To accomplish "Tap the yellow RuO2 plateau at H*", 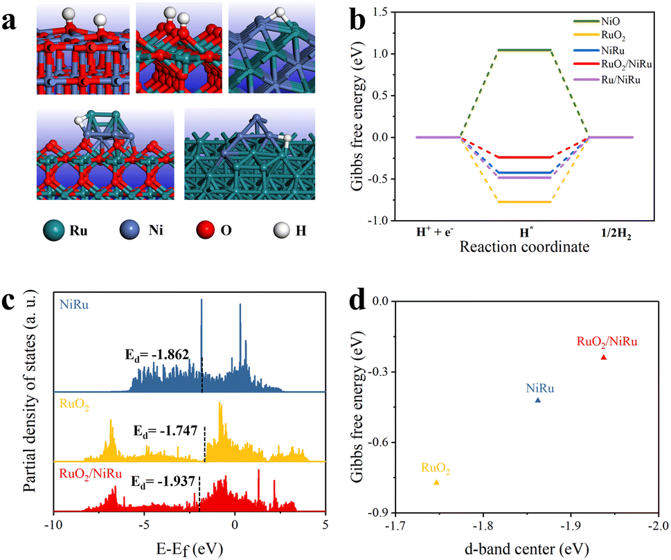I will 524,202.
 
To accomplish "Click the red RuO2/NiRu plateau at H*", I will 524,157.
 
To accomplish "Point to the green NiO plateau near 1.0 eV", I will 524,50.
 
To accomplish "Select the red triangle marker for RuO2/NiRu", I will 603,357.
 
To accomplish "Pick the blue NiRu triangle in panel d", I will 538,400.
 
